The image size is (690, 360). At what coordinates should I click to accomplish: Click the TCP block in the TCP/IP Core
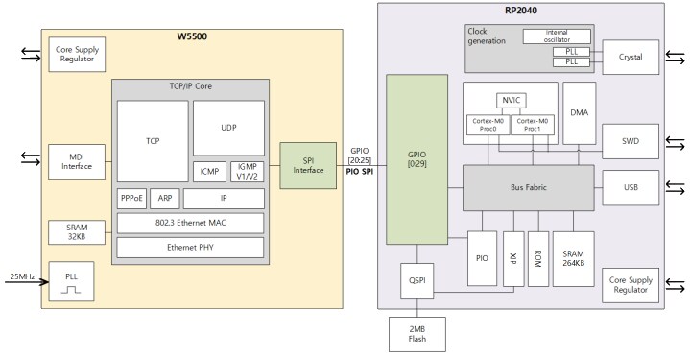tap(153, 140)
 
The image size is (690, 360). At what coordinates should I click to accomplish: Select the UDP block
tap(228, 128)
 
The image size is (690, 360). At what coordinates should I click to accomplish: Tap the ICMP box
tap(209, 172)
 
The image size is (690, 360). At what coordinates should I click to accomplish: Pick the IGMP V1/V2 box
tap(246, 172)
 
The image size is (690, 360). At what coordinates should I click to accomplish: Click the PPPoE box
tap(132, 200)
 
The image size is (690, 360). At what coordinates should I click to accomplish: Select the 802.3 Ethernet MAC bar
tap(190, 224)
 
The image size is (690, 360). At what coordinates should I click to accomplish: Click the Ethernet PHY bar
tap(190, 247)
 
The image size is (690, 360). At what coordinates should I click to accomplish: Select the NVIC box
tap(511, 101)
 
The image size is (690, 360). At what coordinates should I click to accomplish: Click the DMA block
tap(579, 113)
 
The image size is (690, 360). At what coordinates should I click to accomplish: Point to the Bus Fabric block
tap(527, 188)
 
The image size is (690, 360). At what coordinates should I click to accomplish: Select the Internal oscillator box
tap(557, 36)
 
